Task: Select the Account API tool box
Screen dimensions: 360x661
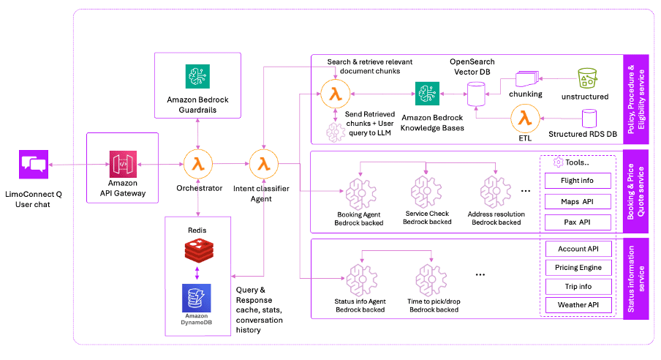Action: pos(579,249)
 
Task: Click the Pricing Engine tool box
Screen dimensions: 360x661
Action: pos(579,268)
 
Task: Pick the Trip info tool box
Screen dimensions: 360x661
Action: pos(579,286)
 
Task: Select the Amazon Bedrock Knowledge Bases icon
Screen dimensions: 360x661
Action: pos(426,93)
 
